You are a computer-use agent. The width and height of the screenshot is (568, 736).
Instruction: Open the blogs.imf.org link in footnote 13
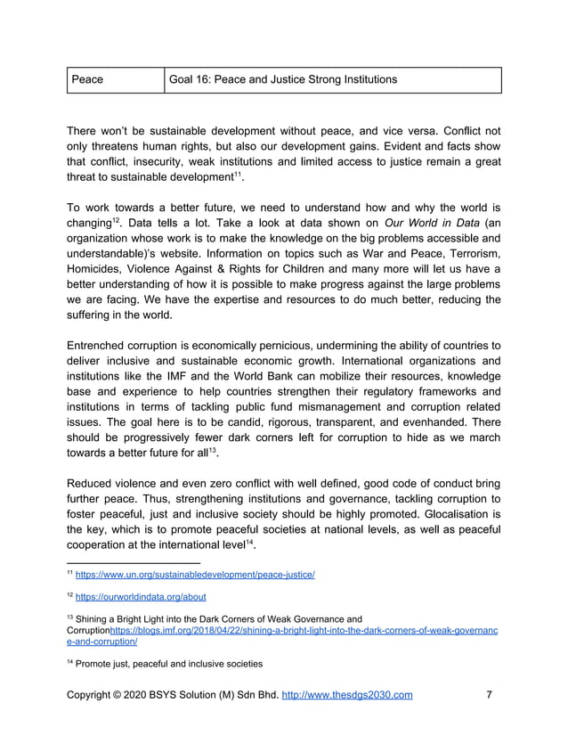(x=303, y=631)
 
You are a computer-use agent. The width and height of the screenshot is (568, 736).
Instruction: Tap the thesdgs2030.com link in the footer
(x=347, y=695)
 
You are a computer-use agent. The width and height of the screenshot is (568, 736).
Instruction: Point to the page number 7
(x=490, y=695)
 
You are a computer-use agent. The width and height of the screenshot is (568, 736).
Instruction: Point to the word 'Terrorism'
(x=469, y=258)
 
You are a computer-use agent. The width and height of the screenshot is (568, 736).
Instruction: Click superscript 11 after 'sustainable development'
(x=239, y=176)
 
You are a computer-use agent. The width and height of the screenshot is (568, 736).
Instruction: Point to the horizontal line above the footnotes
(x=134, y=562)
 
